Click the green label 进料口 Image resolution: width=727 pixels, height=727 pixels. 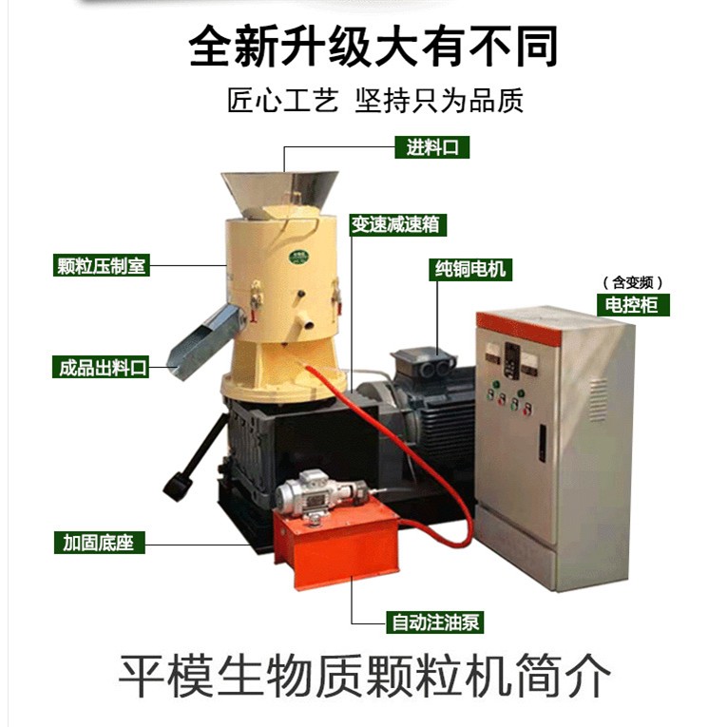[432, 148]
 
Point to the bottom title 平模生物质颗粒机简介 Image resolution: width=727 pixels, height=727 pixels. [364, 675]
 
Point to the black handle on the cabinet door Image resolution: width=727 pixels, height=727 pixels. [542, 443]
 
